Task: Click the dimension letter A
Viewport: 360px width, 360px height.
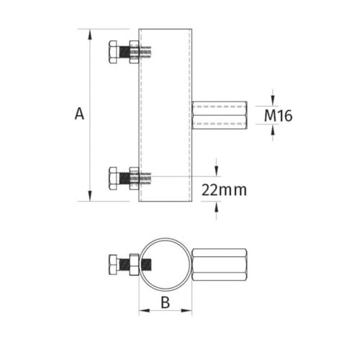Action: (x=79, y=113)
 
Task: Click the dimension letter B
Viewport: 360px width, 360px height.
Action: (x=165, y=302)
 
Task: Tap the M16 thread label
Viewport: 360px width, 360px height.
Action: (x=279, y=115)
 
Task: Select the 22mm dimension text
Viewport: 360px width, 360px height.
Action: (x=224, y=190)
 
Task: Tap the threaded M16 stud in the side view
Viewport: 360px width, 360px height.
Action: (x=220, y=115)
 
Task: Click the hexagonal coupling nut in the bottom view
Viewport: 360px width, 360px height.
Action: (x=220, y=264)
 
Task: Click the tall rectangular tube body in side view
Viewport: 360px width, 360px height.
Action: (x=166, y=115)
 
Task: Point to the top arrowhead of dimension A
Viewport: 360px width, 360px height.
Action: (x=89, y=33)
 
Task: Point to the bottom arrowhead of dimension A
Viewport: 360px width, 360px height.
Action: (x=89, y=197)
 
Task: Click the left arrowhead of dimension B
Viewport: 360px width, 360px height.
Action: (x=143, y=312)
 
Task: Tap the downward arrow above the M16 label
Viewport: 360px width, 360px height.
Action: (x=274, y=100)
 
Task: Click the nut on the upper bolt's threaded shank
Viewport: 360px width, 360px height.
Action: (x=134, y=53)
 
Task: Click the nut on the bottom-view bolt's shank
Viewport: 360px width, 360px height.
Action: (x=133, y=264)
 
